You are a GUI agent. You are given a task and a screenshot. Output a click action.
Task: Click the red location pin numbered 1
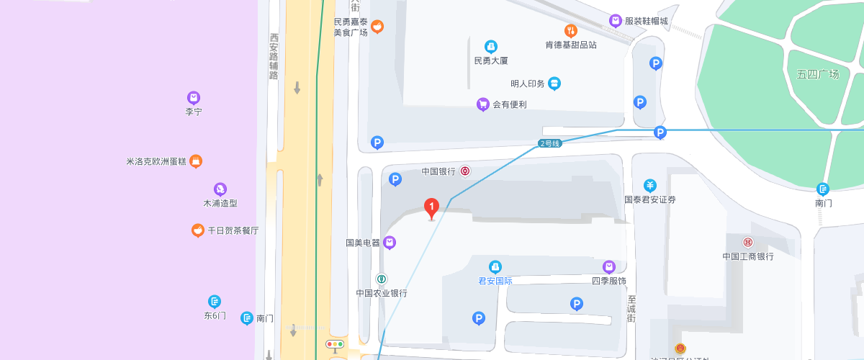431,208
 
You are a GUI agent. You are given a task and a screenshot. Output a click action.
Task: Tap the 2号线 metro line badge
549,143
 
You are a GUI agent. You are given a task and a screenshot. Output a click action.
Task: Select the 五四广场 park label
818,74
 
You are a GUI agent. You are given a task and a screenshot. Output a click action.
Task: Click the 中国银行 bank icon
466,171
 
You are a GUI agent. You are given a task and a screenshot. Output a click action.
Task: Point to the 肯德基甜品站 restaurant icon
570,30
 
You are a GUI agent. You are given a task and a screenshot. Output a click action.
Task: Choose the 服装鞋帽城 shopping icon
616,21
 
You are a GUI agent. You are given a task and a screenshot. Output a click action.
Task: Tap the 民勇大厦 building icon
491,47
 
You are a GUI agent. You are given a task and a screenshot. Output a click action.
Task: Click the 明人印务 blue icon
554,84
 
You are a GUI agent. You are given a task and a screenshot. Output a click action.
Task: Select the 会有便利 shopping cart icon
483,104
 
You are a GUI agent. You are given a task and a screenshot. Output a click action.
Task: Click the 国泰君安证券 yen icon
650,185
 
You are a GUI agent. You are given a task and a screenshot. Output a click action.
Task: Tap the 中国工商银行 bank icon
748,242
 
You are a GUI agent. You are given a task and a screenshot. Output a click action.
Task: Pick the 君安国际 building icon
495,267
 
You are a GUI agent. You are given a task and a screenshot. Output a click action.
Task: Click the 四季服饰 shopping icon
609,267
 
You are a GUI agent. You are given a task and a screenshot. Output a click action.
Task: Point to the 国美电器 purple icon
390,243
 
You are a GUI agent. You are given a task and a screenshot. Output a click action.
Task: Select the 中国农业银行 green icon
382,279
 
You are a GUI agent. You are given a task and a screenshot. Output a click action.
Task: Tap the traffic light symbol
336,345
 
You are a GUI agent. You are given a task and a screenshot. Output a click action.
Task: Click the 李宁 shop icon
193,98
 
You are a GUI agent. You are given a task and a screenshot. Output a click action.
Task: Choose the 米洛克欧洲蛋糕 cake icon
195,161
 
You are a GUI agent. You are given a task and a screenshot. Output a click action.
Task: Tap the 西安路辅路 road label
274,56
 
